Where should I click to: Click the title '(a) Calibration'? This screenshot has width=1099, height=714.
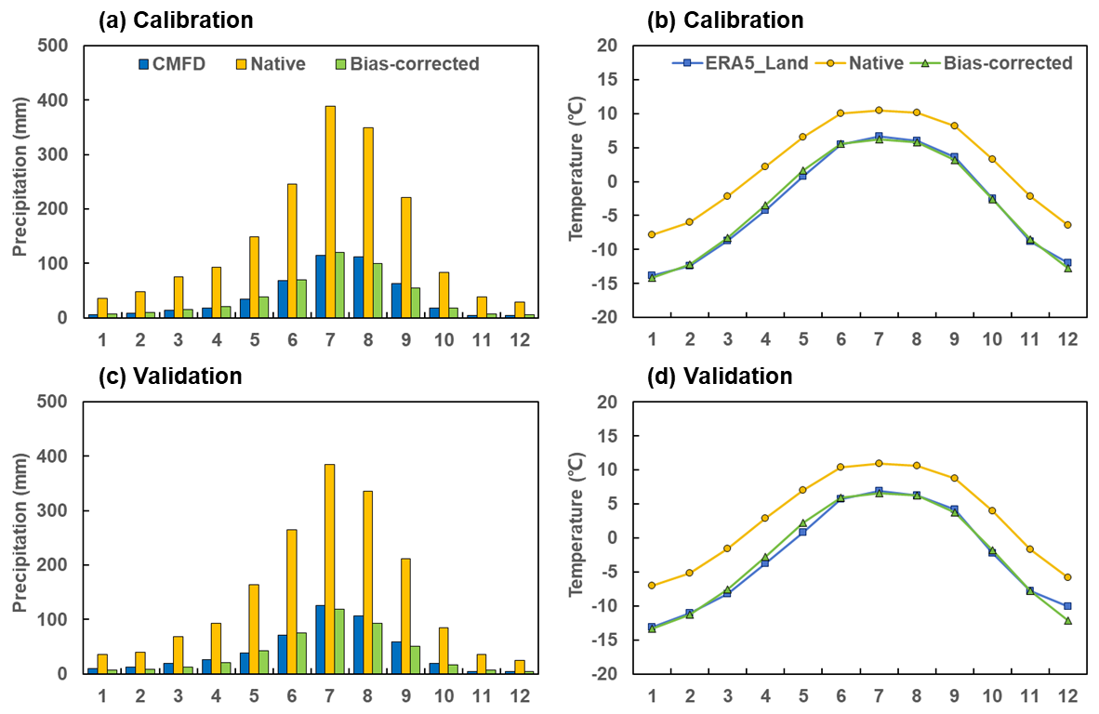175,20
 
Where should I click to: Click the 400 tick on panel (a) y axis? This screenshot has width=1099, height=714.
54,99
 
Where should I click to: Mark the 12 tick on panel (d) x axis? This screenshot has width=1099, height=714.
1067,695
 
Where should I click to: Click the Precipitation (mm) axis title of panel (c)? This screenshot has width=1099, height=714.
19,537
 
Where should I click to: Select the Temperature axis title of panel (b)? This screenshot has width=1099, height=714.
576,181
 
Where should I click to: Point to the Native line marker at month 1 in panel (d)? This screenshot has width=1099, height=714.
651,585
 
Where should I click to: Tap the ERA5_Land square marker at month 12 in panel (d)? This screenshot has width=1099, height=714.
1067,606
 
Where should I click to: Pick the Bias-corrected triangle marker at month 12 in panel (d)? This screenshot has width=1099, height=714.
1067,620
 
